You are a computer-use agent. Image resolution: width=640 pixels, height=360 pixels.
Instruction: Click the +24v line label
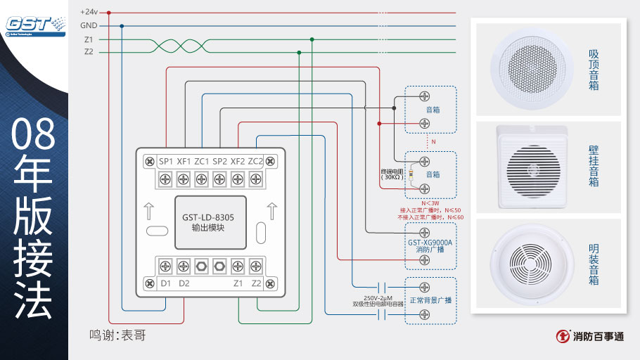pyautogui.click(x=89, y=12)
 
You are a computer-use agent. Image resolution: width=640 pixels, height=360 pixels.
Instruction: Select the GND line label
pyautogui.click(x=89, y=25)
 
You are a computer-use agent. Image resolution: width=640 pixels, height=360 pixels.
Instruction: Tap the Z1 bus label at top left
pyautogui.click(x=89, y=39)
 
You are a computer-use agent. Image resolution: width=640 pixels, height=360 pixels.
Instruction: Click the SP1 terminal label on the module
pyautogui.click(x=166, y=161)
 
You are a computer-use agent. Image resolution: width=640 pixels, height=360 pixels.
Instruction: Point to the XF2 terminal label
pyautogui.click(x=238, y=161)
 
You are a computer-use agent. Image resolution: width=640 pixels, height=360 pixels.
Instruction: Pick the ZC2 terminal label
pyautogui.click(x=255, y=161)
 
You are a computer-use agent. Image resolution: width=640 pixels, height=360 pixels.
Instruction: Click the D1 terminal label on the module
pyautogui.click(x=166, y=283)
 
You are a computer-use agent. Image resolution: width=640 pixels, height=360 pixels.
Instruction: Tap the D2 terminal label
pyautogui.click(x=184, y=283)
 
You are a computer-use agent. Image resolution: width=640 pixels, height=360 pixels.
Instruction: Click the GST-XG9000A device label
pyautogui.click(x=430, y=242)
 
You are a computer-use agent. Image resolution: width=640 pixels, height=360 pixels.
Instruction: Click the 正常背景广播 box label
pyautogui.click(x=430, y=300)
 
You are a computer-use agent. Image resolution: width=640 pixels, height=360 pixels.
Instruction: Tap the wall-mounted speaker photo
pyautogui.click(x=532, y=167)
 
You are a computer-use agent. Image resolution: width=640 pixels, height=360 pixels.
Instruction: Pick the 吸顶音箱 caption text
pyautogui.click(x=594, y=69)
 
